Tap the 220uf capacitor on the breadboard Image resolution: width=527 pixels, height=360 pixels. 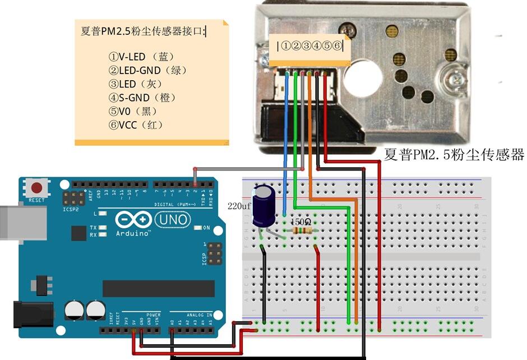tap(263, 206)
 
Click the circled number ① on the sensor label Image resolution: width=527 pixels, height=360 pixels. tap(286, 46)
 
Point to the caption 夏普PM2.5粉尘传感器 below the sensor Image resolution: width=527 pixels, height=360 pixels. tap(454, 155)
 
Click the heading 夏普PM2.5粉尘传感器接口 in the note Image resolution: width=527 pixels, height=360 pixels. tap(142, 31)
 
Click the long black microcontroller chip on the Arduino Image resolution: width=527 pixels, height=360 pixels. tap(159, 288)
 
